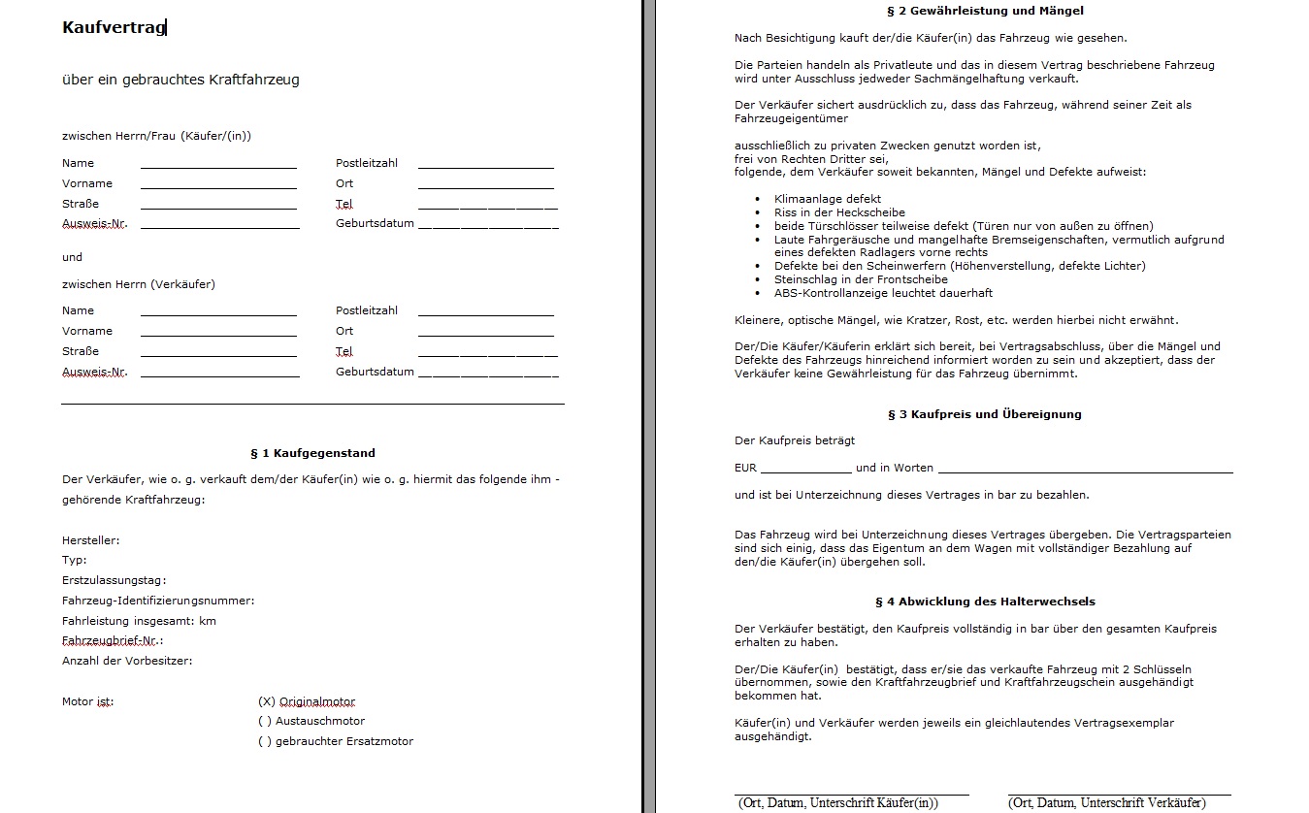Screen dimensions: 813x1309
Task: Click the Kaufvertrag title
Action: [x=114, y=27]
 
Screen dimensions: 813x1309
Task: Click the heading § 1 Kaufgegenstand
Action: [x=312, y=453]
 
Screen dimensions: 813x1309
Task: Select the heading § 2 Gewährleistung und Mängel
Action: [x=985, y=11]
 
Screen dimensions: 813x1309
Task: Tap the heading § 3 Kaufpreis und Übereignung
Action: [x=984, y=414]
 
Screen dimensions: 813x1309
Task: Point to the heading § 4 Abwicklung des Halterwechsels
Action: [x=985, y=602]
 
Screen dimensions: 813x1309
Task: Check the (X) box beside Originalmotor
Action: [x=267, y=701]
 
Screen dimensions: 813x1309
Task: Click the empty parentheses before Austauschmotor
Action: [x=265, y=721]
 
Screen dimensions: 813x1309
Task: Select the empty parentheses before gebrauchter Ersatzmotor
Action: [x=265, y=741]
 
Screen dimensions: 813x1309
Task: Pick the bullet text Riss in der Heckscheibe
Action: [x=839, y=212]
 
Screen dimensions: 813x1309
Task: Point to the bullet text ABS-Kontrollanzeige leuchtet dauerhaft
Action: [x=883, y=293]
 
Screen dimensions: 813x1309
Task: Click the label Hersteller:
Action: [x=91, y=540]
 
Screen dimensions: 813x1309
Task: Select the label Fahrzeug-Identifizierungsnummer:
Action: [x=158, y=601]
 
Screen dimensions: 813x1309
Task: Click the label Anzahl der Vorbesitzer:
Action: [x=127, y=661]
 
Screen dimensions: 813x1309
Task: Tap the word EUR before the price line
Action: [x=745, y=468]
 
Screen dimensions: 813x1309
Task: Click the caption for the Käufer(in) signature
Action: [x=837, y=803]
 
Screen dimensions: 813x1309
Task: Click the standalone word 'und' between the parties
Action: [x=72, y=257]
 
